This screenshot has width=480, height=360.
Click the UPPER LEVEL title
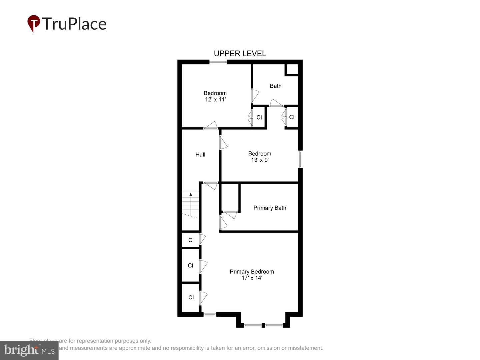pos(240,54)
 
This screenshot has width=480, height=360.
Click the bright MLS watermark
pos(29,350)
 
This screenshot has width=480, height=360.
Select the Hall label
pos(200,155)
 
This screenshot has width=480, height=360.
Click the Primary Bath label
pos(270,208)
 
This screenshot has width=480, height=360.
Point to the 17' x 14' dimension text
pos(252,278)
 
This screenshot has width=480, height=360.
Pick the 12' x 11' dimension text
pos(215,100)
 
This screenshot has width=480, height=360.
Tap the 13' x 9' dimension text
pos(260,160)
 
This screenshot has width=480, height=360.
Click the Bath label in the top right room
pos(275,86)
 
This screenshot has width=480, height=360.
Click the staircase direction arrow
pos(191,195)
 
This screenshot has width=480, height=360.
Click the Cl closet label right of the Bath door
pos(292,117)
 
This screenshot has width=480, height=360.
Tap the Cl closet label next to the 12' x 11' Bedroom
pos(259,118)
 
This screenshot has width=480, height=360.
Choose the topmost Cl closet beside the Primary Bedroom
pos(191,240)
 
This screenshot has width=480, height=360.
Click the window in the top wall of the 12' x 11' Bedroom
pos(218,62)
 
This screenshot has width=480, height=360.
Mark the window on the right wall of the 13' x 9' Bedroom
pos(300,159)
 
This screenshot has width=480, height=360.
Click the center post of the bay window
pos(263,325)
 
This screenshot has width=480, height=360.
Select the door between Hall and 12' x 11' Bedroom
pos(211,126)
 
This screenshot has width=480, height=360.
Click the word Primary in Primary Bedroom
pos(239,272)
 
